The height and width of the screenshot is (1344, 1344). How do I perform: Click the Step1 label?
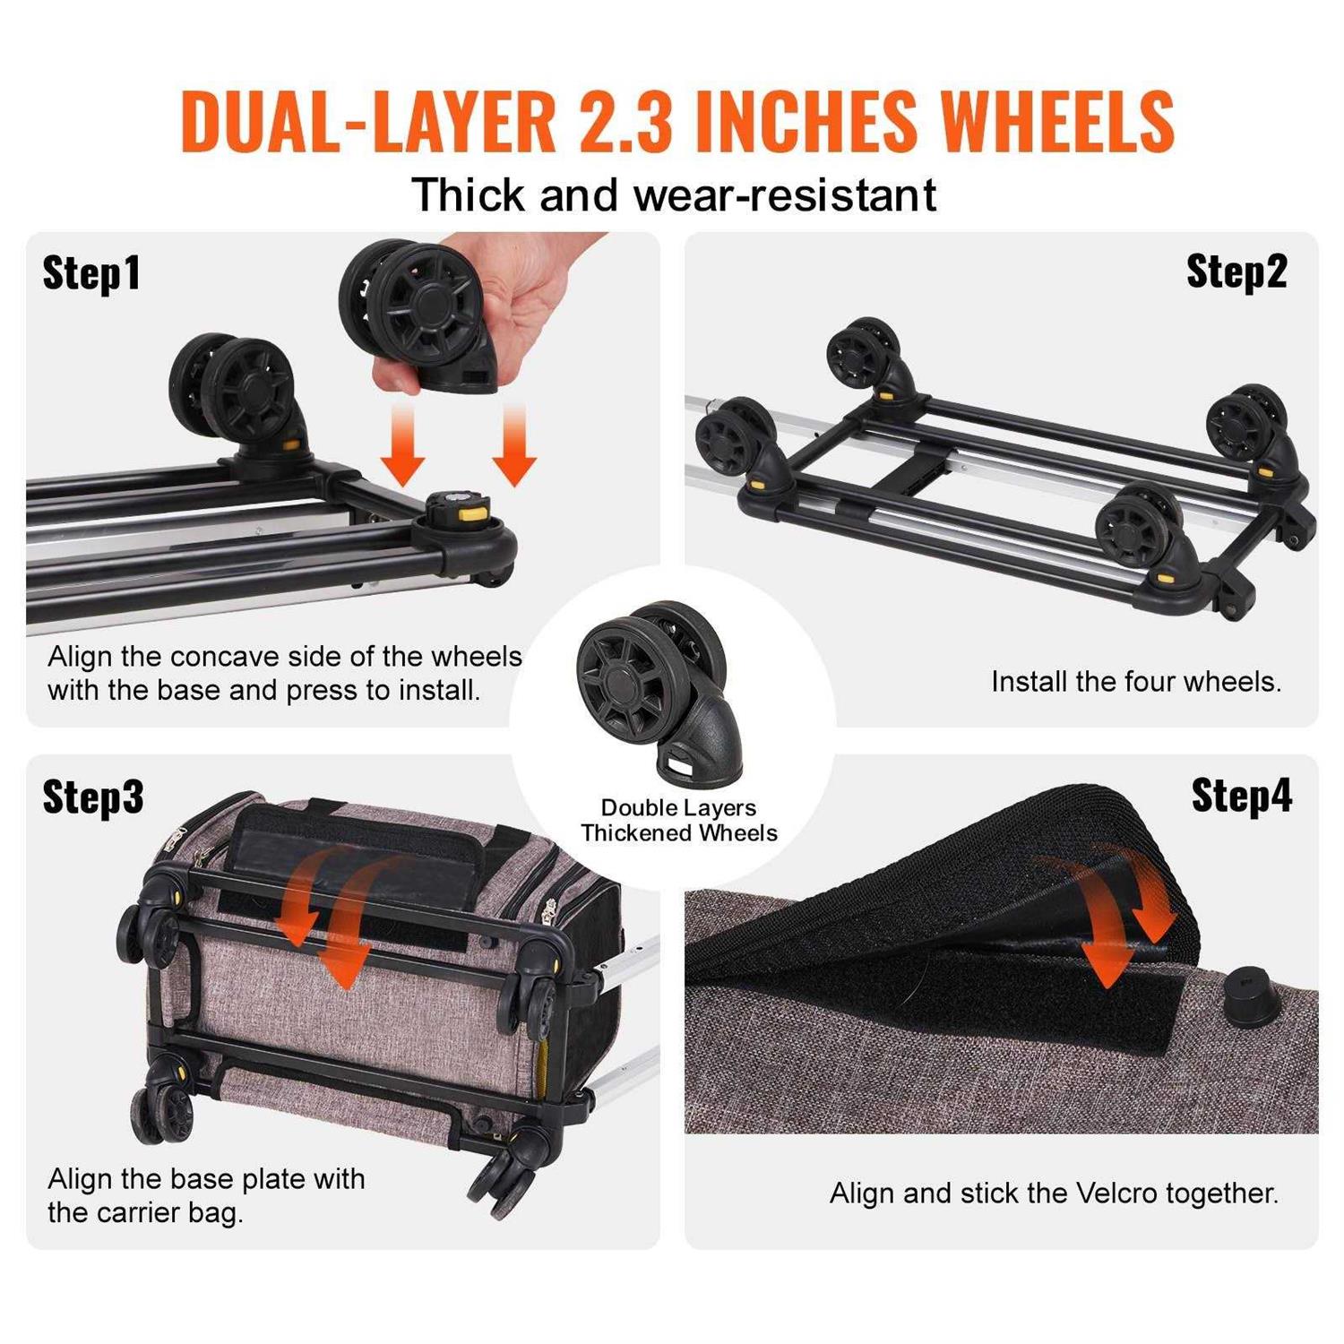point(91,272)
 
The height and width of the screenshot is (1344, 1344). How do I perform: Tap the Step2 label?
point(1236,271)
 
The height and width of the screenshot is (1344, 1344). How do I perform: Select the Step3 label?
point(93,796)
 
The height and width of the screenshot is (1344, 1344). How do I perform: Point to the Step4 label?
point(1242,794)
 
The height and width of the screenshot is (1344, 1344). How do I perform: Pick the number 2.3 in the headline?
point(625,121)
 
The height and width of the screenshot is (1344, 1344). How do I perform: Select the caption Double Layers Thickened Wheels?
point(678,821)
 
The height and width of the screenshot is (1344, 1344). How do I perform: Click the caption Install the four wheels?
point(1136,682)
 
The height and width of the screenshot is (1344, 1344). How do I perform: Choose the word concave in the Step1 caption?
point(225,657)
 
